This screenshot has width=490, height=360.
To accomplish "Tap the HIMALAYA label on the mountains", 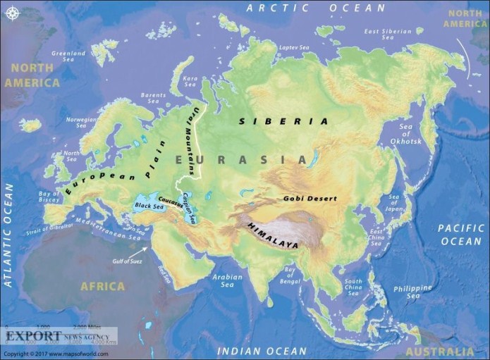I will [x=271, y=235].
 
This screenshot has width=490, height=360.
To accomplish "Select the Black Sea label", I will [x=148, y=206].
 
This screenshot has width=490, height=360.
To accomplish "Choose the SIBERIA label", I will [x=283, y=121].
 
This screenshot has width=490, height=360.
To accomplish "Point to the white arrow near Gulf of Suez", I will [x=144, y=248].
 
